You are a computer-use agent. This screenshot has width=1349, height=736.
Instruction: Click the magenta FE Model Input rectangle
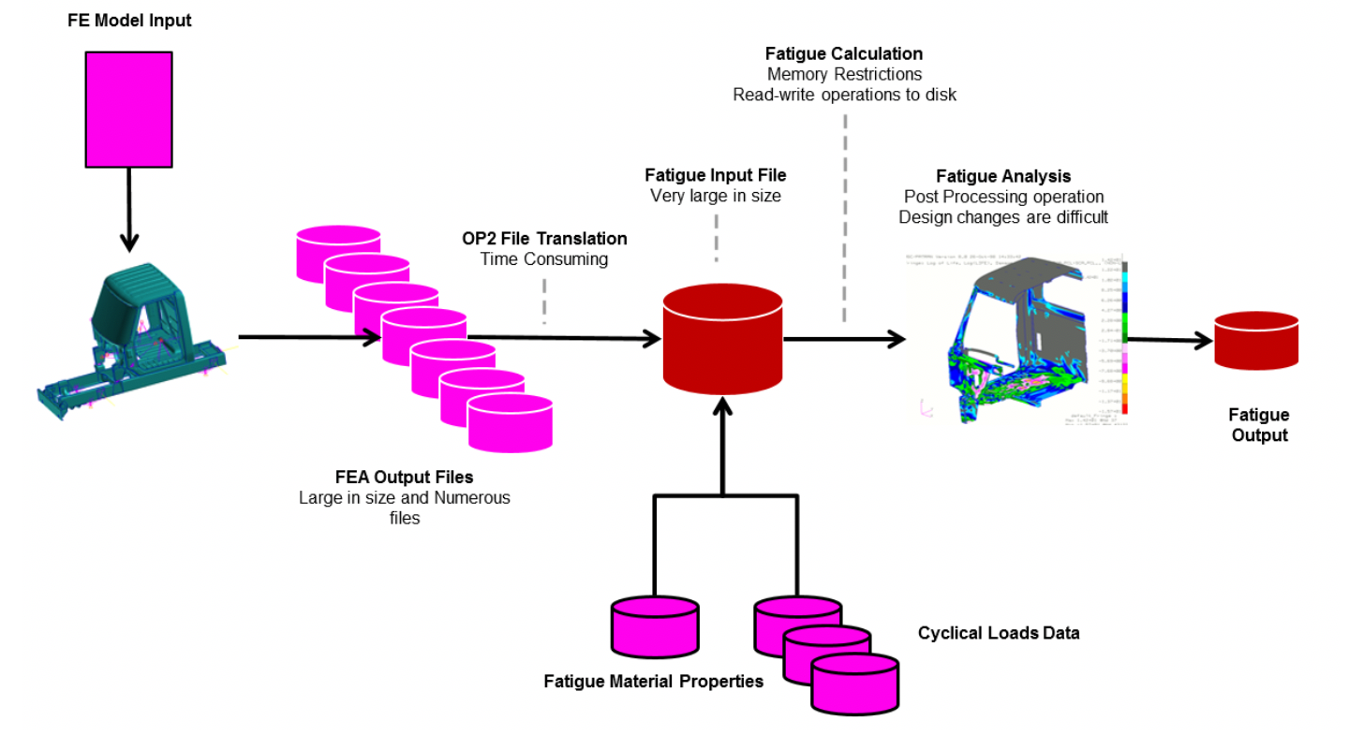point(128,109)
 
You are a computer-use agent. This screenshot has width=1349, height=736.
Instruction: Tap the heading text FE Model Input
point(128,20)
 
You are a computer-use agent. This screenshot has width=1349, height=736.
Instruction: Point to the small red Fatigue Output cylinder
point(1255,341)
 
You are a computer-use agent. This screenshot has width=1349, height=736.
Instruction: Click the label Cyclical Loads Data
point(999,633)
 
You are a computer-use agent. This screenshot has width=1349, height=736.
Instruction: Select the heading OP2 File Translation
point(544,239)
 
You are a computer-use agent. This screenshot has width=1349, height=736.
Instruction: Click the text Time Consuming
point(544,259)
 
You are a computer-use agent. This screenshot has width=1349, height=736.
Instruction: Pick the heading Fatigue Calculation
point(844,53)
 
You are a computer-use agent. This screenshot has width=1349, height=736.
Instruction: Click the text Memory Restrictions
point(844,74)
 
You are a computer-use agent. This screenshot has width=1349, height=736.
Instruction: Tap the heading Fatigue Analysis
point(1003,176)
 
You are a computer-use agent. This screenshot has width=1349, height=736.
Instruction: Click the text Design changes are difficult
point(1003,217)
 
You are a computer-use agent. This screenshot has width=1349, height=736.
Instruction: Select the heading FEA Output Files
point(405,478)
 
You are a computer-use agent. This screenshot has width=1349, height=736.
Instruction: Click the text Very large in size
point(716,196)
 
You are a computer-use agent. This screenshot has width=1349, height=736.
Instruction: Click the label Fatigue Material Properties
point(653,682)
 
